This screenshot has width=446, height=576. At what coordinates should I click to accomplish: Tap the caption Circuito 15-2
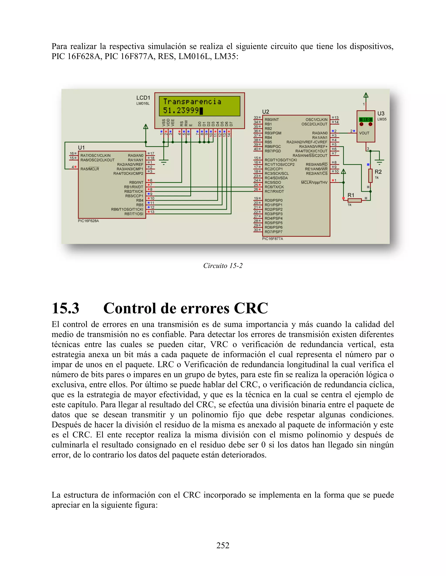point(223,266)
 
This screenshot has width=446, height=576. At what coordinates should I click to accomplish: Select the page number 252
point(223,545)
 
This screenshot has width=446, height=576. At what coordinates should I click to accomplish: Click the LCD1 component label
point(143,98)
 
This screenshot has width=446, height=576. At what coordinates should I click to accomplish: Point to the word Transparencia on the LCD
point(192,102)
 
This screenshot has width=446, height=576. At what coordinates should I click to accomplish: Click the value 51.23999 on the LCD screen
point(181,110)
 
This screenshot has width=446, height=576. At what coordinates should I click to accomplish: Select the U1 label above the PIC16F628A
point(81,147)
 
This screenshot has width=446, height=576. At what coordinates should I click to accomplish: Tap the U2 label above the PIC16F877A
point(265,112)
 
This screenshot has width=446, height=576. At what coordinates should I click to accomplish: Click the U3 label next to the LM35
point(381,113)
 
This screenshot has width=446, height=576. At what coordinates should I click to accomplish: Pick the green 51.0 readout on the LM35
point(366,120)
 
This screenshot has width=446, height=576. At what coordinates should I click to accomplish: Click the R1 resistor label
point(351,195)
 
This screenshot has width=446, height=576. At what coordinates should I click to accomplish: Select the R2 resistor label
point(378,172)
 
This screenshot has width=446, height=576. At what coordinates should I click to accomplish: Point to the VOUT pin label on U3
point(364,133)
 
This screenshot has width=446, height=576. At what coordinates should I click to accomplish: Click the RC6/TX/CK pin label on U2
point(274,187)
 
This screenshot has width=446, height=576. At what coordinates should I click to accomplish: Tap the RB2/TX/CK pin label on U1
point(134,191)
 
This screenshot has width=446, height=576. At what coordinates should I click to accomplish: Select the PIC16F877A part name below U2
point(272,239)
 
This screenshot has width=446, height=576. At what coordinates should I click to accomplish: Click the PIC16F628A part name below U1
point(88,221)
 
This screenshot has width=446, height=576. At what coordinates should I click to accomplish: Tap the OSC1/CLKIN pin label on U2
point(316,120)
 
